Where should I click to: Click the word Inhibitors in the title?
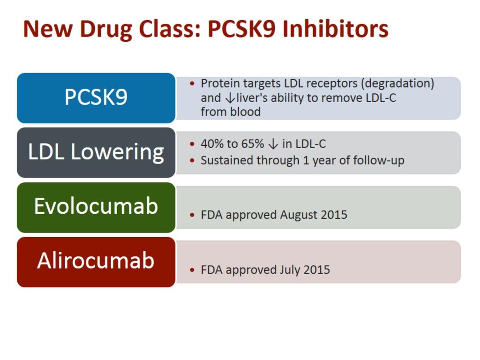click(x=335, y=29)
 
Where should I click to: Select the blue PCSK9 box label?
click(x=96, y=97)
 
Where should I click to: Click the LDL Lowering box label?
click(x=96, y=152)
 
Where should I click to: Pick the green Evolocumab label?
click(x=96, y=206)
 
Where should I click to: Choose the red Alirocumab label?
click(x=96, y=261)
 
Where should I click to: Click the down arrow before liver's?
click(x=230, y=98)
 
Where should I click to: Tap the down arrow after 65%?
click(x=273, y=144)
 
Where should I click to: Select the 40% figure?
click(x=211, y=143)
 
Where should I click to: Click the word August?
click(x=294, y=215)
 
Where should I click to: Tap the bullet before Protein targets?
click(x=192, y=83)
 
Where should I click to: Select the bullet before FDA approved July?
click(x=192, y=270)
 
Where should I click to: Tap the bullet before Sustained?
click(x=192, y=161)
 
